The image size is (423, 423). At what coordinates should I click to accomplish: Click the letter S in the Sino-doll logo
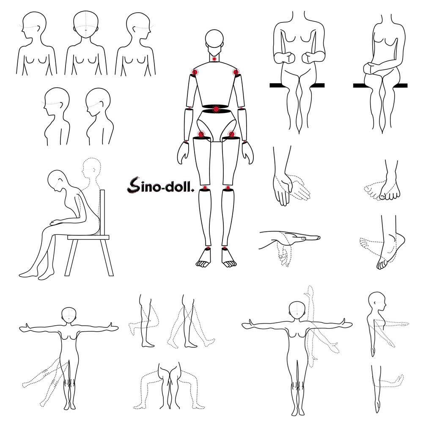tap(133, 185)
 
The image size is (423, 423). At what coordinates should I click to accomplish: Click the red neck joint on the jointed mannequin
tap(214, 59)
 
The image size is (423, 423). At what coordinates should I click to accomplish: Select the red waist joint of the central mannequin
tap(216, 109)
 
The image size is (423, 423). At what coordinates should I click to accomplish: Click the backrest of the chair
tap(102, 212)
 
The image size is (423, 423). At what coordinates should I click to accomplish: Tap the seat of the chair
tap(88, 237)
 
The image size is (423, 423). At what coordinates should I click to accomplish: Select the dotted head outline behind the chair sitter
tap(91, 168)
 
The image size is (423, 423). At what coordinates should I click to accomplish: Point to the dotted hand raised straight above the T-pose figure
tap(310, 291)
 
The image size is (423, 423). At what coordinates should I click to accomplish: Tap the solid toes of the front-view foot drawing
tap(390, 195)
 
